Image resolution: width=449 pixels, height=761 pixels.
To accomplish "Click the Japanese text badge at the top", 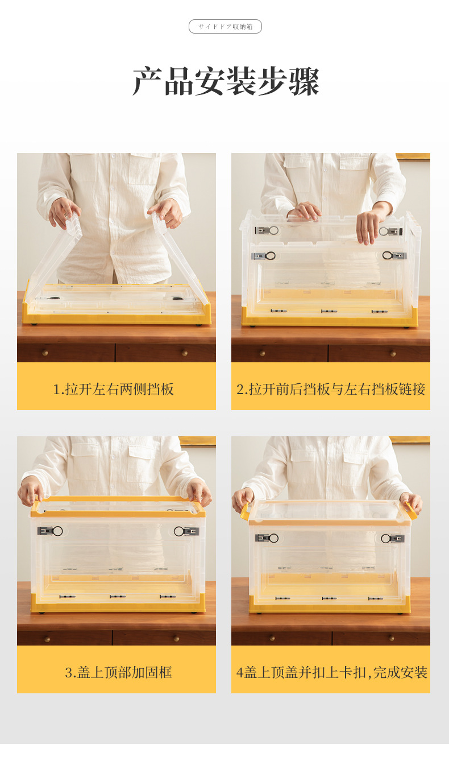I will [225, 27].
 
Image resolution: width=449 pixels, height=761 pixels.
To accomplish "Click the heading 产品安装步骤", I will [226, 81].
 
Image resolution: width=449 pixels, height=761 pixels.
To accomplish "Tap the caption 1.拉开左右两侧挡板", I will [114, 389].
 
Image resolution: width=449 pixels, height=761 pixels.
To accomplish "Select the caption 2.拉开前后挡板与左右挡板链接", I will [331, 389].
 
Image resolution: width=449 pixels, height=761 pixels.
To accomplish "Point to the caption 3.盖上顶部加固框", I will [118, 672].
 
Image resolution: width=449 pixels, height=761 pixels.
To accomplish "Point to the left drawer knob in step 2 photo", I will [262, 353].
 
